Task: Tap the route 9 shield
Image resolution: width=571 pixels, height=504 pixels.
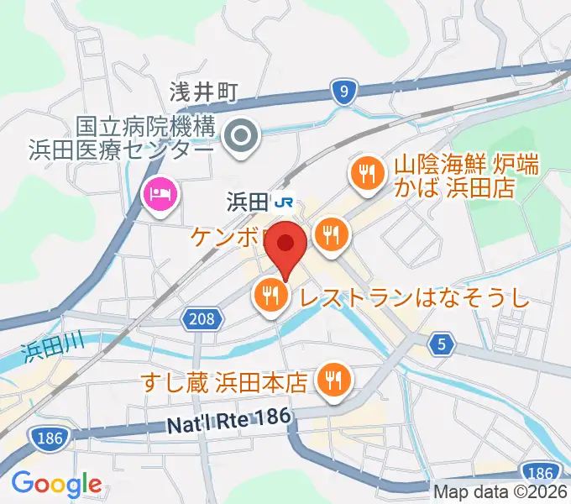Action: click(341, 93)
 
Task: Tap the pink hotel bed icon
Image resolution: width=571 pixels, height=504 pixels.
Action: click(160, 197)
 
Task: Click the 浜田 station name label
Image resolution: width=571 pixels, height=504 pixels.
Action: click(247, 202)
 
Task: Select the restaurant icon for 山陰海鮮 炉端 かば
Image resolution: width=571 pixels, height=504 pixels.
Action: click(366, 174)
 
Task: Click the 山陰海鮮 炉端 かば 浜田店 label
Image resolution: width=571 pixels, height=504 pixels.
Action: click(453, 175)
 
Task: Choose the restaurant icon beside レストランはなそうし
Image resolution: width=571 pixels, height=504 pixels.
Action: click(270, 295)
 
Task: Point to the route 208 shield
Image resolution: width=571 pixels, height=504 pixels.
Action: click(202, 318)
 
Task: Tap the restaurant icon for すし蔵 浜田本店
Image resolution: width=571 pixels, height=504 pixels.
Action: click(333, 380)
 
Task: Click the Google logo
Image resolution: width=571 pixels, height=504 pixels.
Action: click(56, 485)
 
